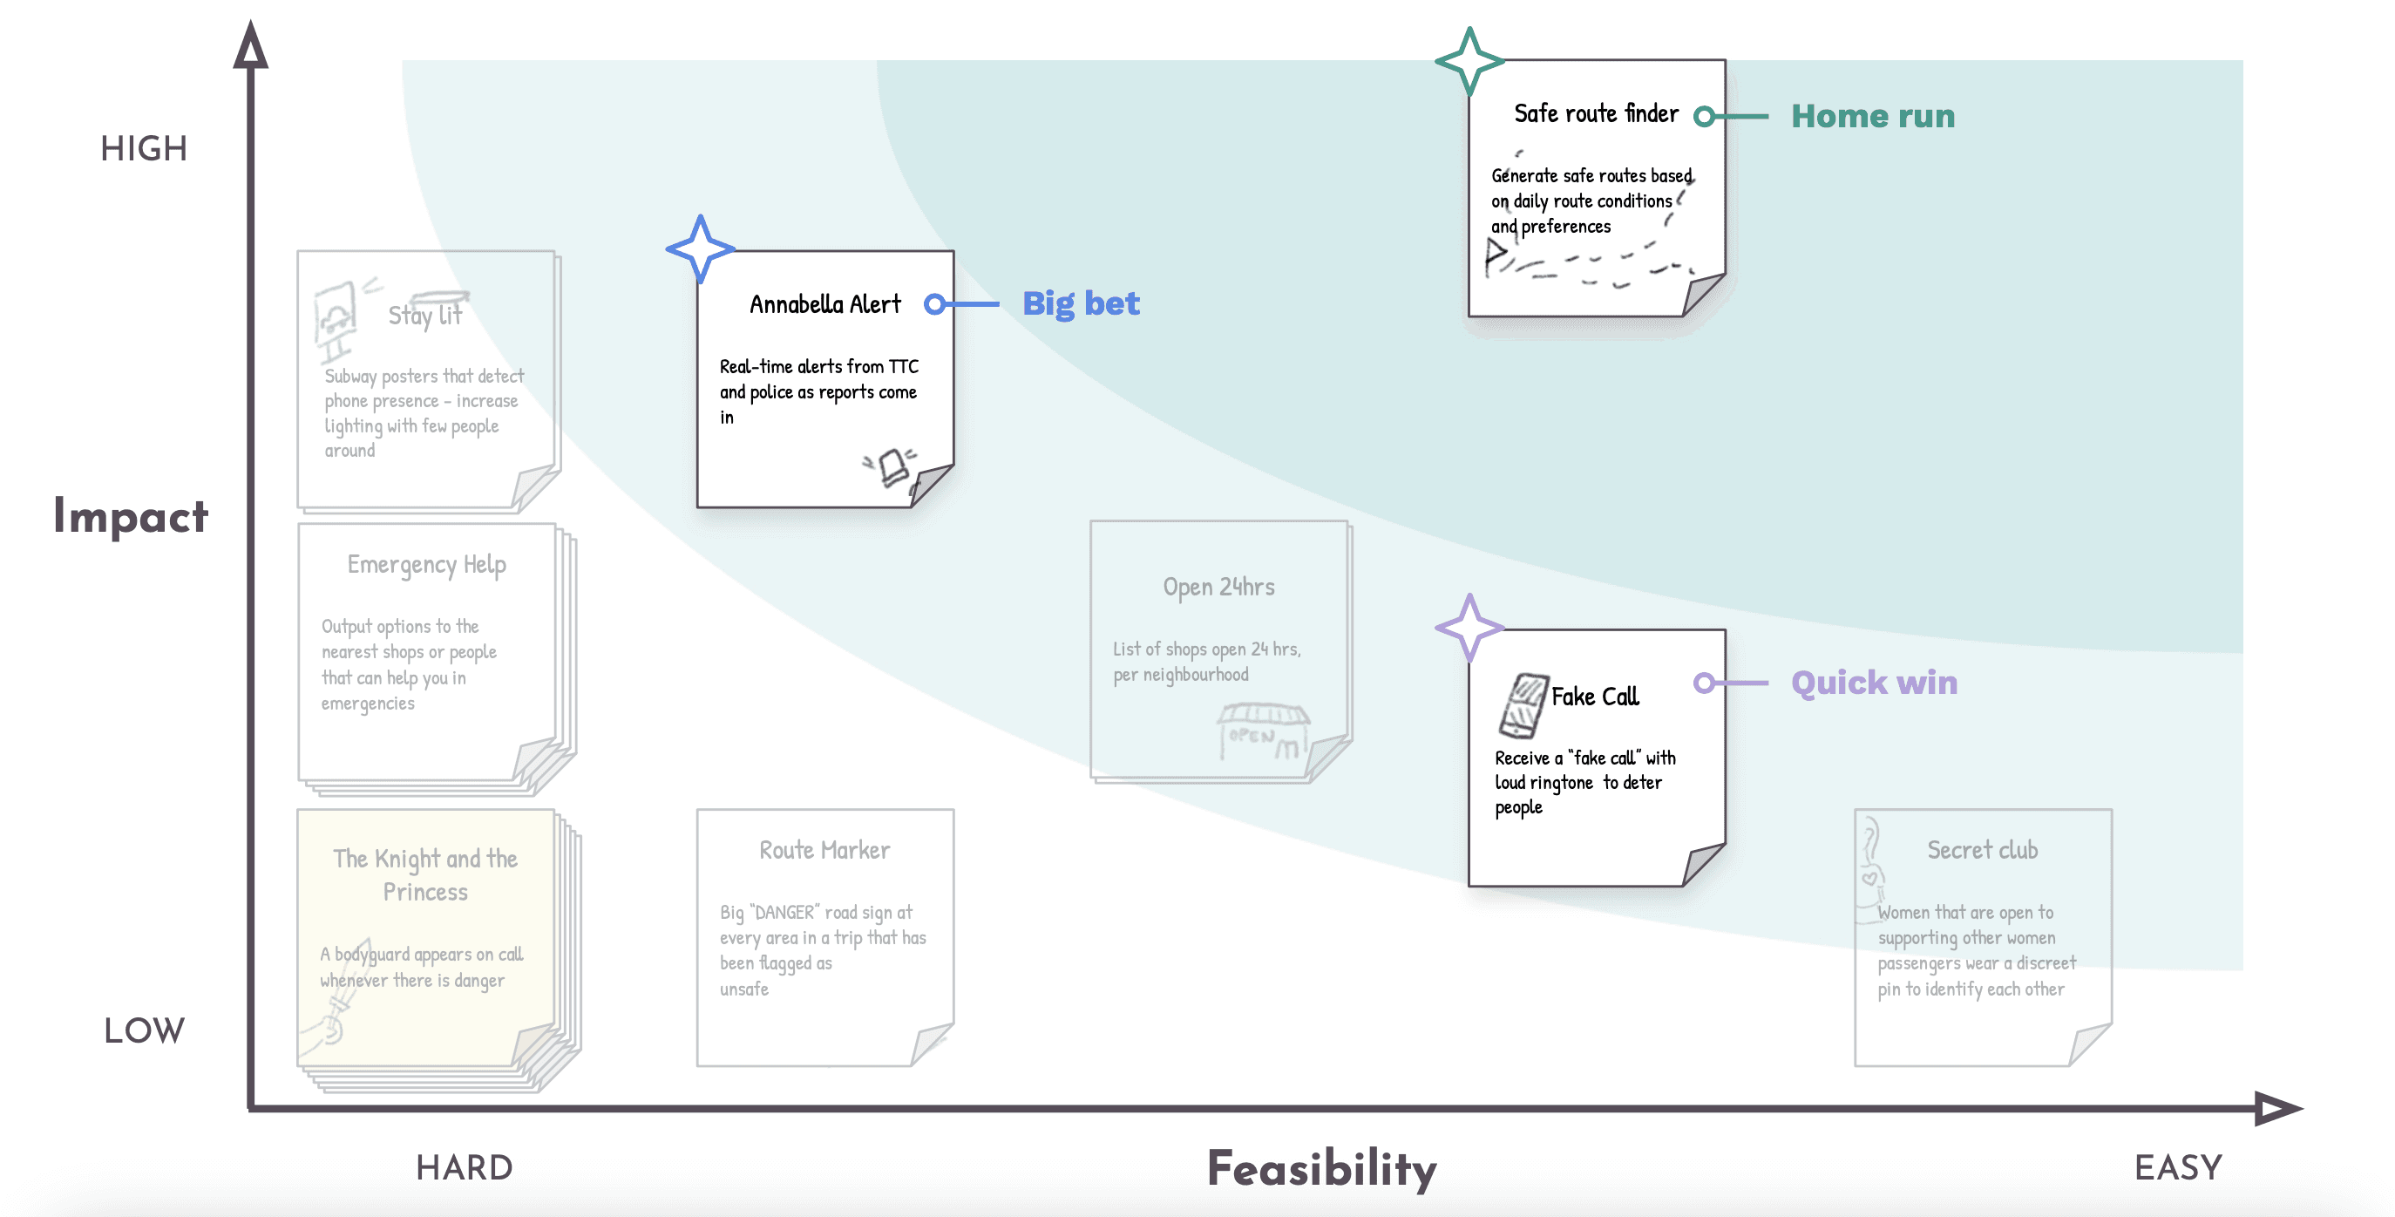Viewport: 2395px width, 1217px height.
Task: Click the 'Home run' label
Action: [x=1872, y=116]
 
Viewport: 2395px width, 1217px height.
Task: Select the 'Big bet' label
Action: [x=1081, y=304]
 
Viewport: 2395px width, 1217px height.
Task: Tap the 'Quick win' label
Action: [x=1874, y=683]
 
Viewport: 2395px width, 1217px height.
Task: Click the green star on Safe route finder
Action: [x=1469, y=61]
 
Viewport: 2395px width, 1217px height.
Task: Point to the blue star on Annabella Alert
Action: [x=700, y=249]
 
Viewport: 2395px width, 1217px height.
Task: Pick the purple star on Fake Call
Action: [x=1469, y=628]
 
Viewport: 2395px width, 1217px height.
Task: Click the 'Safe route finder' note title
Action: [x=1596, y=113]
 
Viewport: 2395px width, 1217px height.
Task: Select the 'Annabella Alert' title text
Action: [x=824, y=305]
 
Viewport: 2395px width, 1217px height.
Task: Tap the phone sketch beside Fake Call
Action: [x=1523, y=704]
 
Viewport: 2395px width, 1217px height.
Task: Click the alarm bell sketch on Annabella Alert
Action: [x=892, y=466]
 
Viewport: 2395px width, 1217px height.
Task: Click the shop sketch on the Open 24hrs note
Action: [x=1263, y=731]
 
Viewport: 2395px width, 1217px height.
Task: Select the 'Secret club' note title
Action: [x=1981, y=851]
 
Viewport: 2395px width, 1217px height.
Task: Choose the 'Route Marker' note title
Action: [x=824, y=851]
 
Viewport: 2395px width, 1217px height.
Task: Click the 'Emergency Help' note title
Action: [x=427, y=565]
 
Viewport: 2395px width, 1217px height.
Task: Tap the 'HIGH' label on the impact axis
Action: [x=144, y=149]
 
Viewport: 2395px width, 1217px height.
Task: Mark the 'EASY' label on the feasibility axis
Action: [x=2177, y=1167]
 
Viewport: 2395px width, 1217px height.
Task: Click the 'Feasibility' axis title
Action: [x=1321, y=1169]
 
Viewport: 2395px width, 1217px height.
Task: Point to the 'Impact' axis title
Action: [x=130, y=517]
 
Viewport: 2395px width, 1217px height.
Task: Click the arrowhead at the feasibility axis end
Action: [x=2277, y=1108]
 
